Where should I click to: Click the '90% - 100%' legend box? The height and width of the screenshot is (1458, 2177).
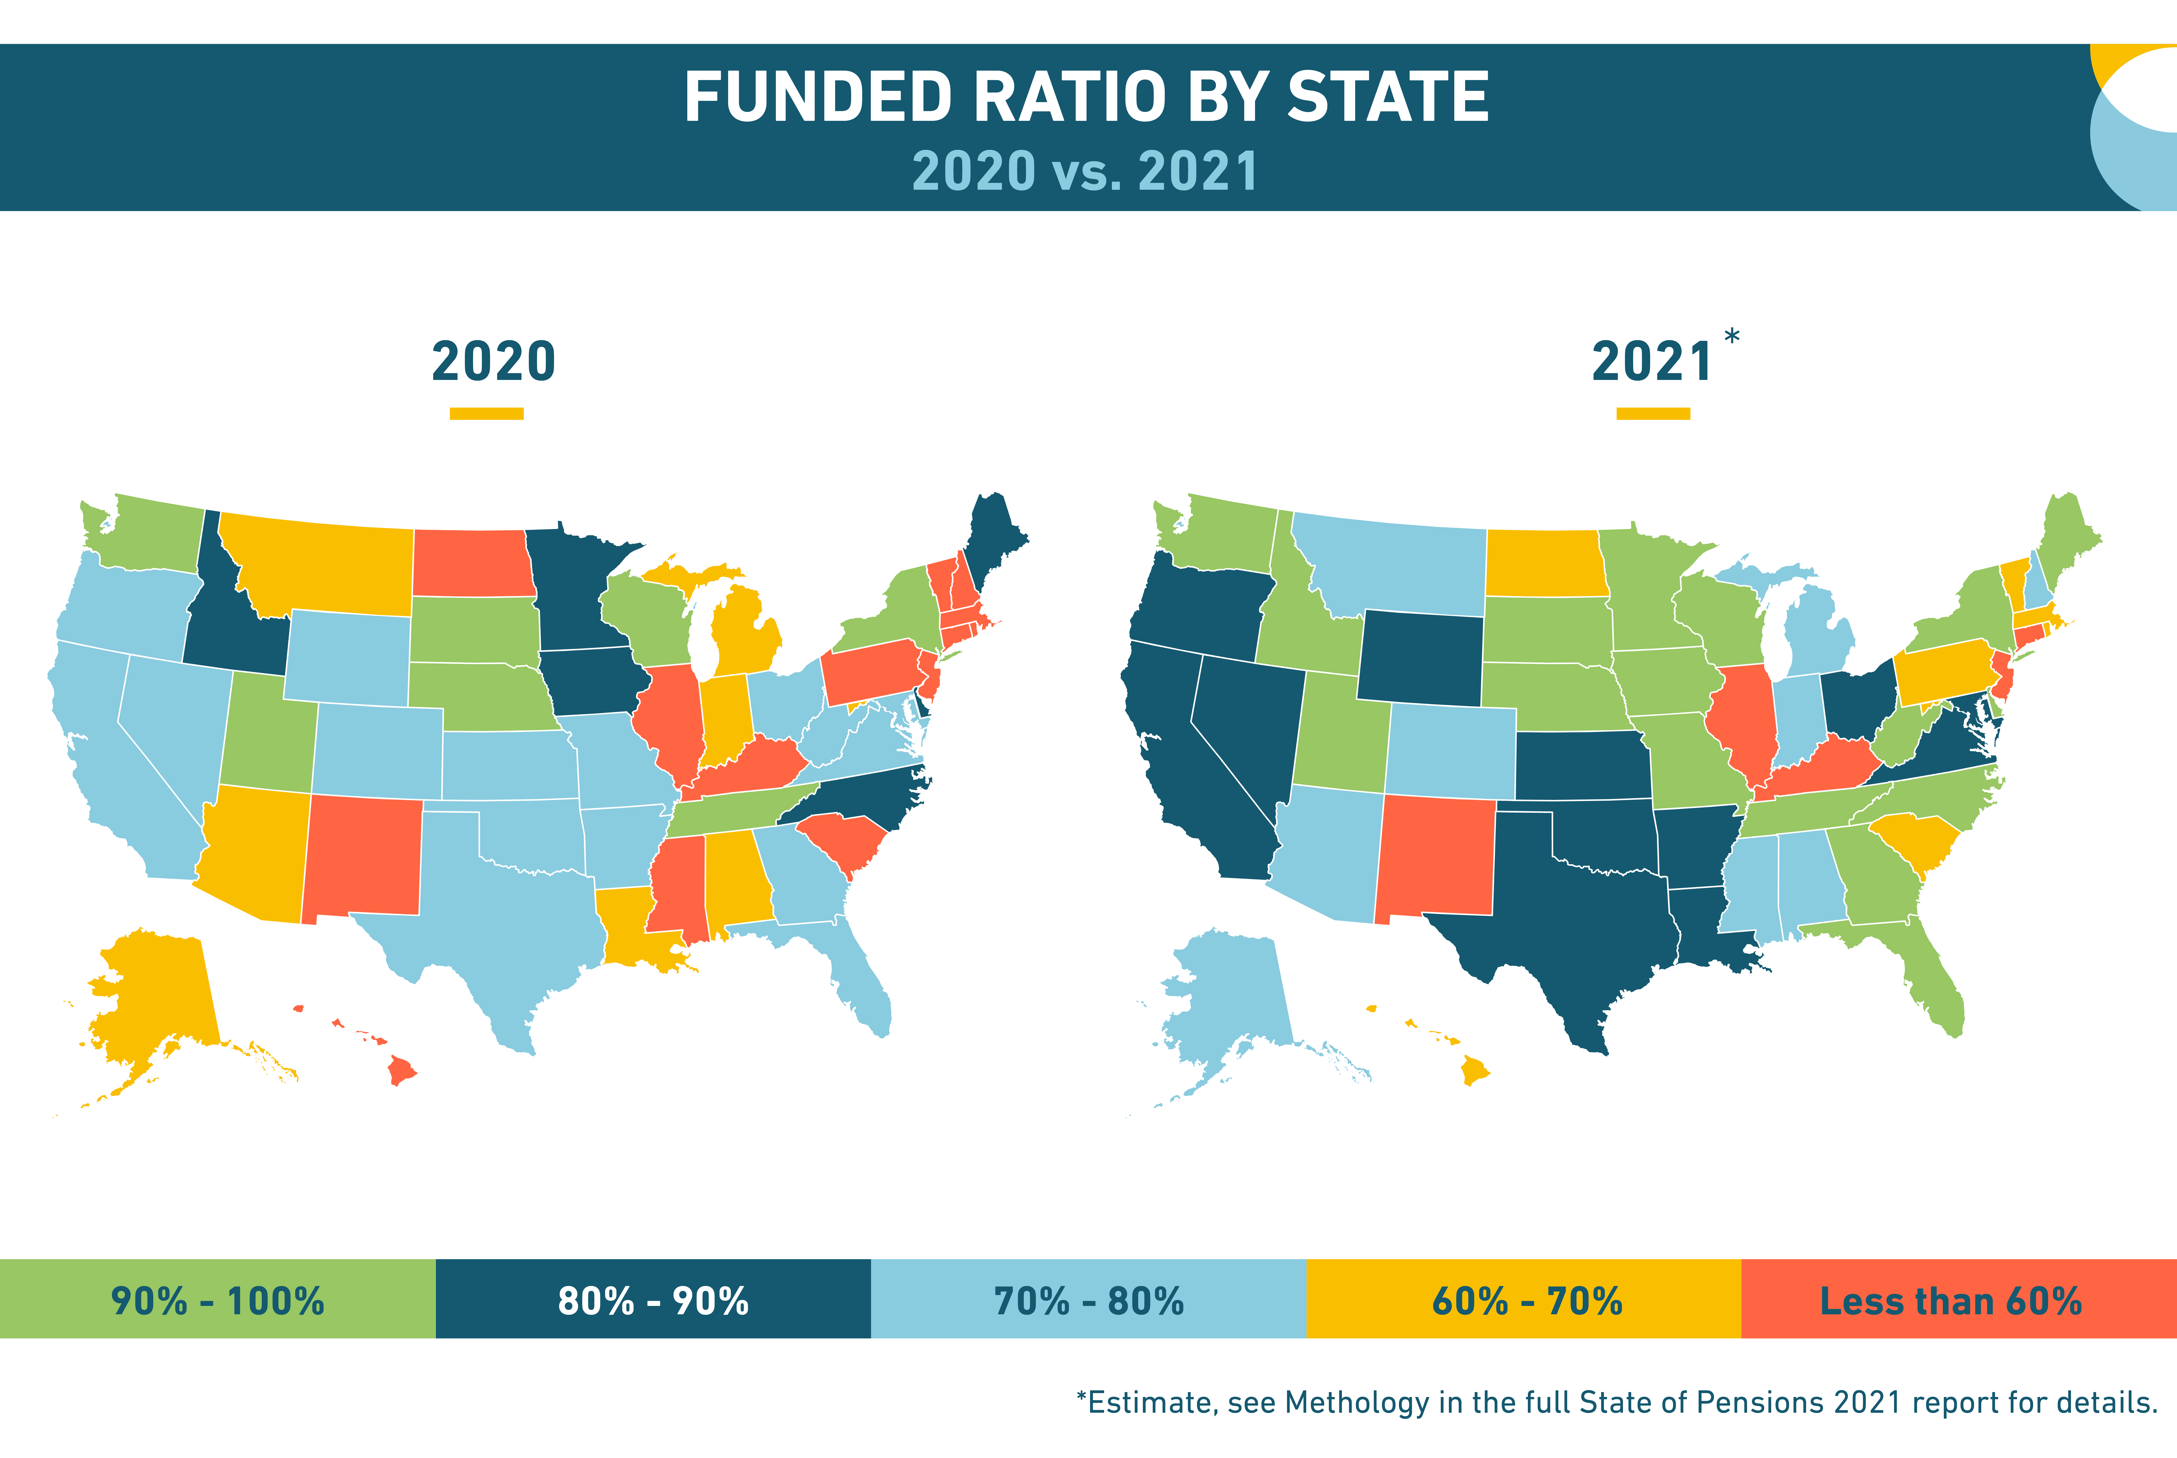point(217,1299)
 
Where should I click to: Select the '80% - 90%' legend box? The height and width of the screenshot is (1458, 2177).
point(654,1299)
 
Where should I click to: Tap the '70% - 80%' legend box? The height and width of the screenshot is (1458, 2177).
point(1088,1299)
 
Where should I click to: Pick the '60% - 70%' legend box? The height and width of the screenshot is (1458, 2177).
point(1523,1299)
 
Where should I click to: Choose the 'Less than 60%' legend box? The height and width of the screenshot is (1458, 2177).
point(1959,1299)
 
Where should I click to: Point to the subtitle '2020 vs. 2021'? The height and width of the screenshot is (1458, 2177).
point(1086,171)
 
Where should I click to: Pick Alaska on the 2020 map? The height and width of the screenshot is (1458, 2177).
point(153,1004)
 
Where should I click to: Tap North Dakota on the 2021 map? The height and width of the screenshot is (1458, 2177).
point(1546,563)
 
